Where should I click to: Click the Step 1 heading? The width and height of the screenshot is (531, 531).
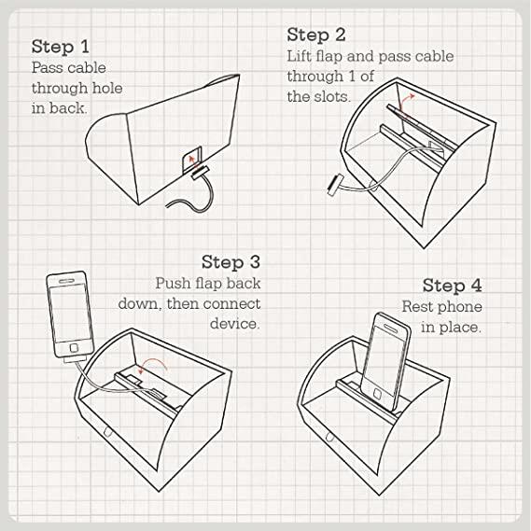point(61,46)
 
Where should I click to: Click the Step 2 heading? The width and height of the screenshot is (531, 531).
point(316,35)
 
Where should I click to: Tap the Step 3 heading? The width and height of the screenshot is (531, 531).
point(231,262)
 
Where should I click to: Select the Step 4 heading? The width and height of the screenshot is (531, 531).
point(452,286)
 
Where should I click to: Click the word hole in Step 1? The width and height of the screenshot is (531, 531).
point(107,88)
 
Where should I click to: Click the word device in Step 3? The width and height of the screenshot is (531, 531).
point(235,323)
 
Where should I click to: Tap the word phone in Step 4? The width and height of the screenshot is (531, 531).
point(461,307)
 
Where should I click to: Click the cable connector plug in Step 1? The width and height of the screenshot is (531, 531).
point(200,173)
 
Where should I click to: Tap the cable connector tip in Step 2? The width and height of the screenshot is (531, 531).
point(335,184)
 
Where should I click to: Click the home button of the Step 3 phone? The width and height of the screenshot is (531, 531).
point(74,348)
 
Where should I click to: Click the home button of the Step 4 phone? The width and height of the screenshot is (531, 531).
point(378,394)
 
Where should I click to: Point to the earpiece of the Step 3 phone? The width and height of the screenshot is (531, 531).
point(66,281)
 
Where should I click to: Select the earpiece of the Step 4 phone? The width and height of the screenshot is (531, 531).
point(390,328)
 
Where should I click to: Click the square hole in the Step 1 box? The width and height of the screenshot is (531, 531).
point(191,160)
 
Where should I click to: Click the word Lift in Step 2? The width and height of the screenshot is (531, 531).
point(299,56)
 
